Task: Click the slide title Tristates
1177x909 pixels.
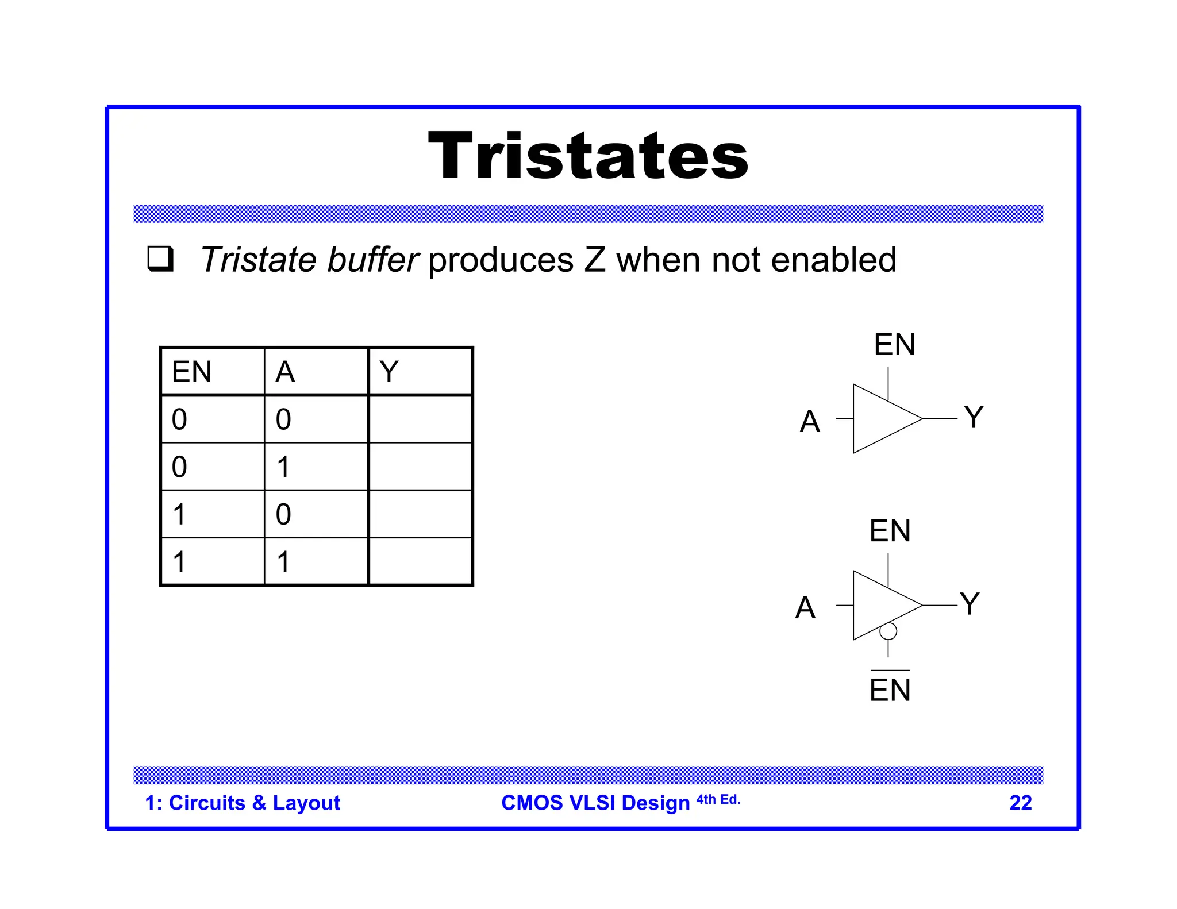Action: click(x=588, y=156)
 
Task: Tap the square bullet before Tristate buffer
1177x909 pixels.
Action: click(x=160, y=259)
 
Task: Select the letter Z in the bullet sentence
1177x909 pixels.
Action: click(x=595, y=260)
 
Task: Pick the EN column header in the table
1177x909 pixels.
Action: click(x=192, y=372)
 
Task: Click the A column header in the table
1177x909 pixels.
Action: click(x=285, y=372)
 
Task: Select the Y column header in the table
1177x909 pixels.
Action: click(x=389, y=372)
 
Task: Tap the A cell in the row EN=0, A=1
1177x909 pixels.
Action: click(x=283, y=467)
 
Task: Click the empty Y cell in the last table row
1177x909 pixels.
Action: click(x=420, y=561)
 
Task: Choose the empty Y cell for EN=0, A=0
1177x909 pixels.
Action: click(x=420, y=419)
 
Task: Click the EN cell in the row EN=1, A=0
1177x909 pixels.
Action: click(x=179, y=514)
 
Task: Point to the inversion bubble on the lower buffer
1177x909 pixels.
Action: click(x=888, y=631)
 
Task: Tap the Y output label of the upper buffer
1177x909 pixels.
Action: click(x=974, y=417)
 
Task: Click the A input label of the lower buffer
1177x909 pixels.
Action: click(x=805, y=607)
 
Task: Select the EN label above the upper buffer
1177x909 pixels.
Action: click(x=894, y=345)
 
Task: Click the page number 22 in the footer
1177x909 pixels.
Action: click(x=1021, y=803)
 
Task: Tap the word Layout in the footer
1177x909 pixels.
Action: click(x=306, y=803)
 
